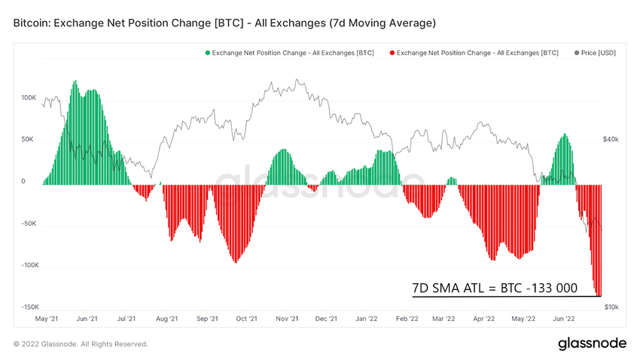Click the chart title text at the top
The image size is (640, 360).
224,23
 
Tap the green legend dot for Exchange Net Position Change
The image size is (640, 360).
208,53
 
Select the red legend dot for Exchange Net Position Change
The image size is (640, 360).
392,53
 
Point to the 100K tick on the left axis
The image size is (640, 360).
29,98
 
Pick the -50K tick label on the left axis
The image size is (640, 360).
29,224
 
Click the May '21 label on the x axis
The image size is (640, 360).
47,319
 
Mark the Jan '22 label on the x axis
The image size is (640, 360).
367,319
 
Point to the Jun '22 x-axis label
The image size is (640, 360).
564,319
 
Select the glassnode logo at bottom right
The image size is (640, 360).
592,343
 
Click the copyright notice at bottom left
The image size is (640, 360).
81,344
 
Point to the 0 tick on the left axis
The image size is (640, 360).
23,182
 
